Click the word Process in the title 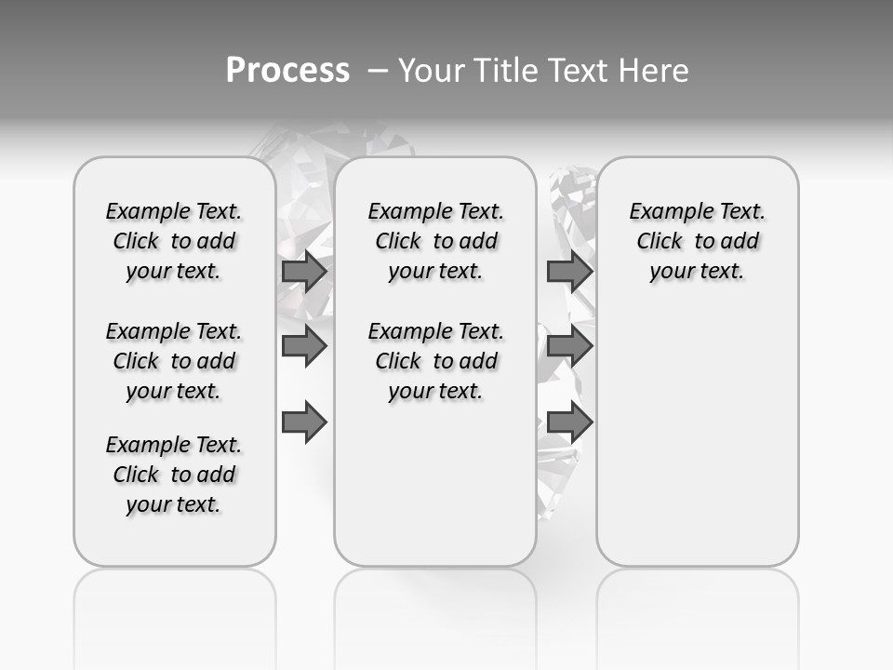(x=287, y=70)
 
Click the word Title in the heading (x=503, y=71)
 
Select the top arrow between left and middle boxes (x=304, y=272)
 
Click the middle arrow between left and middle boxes (x=304, y=346)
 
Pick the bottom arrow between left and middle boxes (x=304, y=423)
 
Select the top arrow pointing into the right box (x=570, y=272)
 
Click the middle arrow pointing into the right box (x=570, y=346)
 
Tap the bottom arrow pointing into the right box (x=570, y=423)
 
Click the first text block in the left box (x=174, y=241)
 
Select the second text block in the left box (x=174, y=361)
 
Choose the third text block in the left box (x=174, y=475)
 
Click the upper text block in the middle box (x=435, y=241)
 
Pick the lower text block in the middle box (x=435, y=361)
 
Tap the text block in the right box (x=697, y=241)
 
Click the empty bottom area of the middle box (x=435, y=493)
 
